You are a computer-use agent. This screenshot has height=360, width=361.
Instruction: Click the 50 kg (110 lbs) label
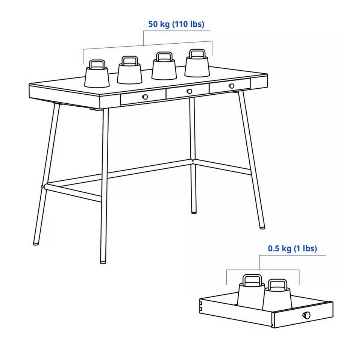click(176, 24)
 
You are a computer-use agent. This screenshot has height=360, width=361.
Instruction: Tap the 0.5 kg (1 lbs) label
click(292, 248)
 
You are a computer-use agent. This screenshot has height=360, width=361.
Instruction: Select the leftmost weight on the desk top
click(97, 74)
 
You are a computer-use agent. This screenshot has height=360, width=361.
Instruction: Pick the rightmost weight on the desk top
click(197, 64)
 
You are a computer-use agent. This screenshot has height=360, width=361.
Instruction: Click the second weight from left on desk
click(129, 70)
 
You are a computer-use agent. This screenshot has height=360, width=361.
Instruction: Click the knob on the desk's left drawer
click(145, 97)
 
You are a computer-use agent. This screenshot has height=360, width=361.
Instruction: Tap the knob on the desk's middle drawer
click(190, 91)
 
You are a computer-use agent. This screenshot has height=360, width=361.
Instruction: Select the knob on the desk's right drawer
click(232, 86)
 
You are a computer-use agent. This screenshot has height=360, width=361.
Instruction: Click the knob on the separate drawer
click(307, 315)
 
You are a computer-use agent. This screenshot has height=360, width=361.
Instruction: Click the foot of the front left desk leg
click(103, 262)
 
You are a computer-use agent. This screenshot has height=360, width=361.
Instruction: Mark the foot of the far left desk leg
click(36, 243)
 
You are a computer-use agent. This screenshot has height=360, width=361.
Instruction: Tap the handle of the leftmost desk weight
click(97, 64)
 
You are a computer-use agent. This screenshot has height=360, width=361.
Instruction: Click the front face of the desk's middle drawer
click(188, 91)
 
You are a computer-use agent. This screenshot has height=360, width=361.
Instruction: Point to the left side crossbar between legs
click(73, 192)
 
